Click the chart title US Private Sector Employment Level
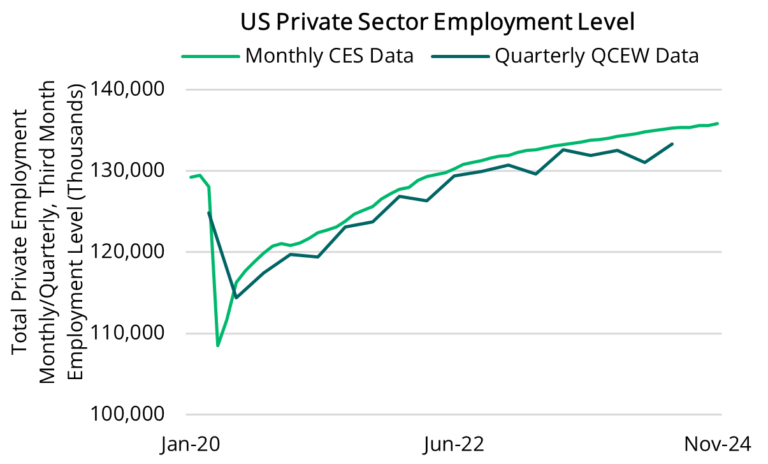click(438, 22)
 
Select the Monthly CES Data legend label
click(329, 56)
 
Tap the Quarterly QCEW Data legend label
click(597, 56)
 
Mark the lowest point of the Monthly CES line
click(218, 345)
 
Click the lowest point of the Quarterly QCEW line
click(236, 297)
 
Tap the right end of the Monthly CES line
click(718, 123)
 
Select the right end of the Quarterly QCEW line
click(672, 144)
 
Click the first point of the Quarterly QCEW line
click(208, 213)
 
